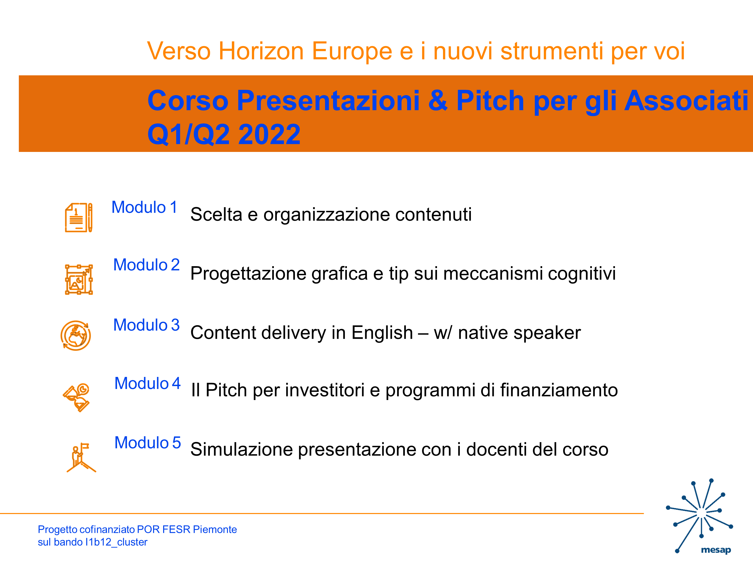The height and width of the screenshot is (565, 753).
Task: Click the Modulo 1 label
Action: point(144,207)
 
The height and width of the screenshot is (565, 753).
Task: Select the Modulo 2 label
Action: point(146,265)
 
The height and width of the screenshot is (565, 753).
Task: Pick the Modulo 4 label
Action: point(147,383)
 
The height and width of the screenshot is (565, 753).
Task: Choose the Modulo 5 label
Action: point(147,442)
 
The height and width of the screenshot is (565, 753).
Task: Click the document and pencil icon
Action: point(79,218)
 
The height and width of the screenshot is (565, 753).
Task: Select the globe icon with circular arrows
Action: point(76,335)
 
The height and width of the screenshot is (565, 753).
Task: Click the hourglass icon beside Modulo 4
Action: point(76,398)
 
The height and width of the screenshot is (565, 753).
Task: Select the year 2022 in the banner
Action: point(269,134)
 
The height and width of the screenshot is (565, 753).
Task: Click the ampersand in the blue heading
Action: point(438,100)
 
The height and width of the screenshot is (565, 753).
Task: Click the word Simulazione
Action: point(241,449)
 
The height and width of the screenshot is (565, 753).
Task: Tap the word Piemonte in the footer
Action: point(215,529)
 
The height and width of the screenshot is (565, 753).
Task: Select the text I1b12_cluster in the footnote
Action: point(116,542)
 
